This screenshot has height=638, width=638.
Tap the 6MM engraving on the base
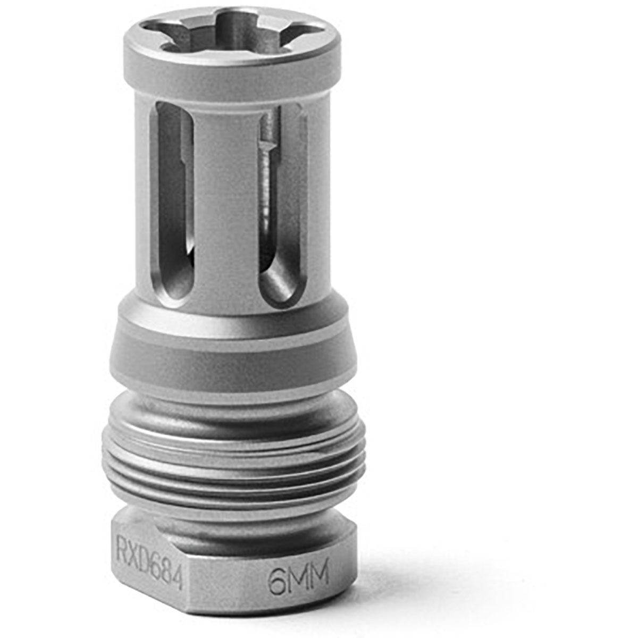pos(298,573)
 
